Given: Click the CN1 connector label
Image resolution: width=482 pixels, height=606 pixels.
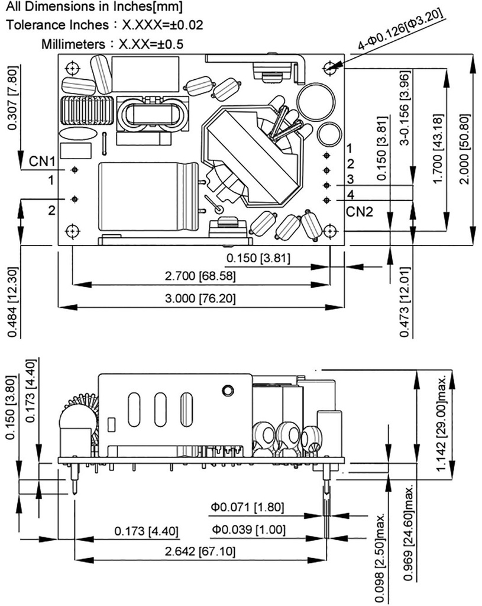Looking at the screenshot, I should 43,162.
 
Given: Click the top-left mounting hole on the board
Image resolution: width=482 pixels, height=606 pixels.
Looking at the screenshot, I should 72,68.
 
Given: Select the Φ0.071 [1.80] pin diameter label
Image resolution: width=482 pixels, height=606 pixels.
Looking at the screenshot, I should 248,507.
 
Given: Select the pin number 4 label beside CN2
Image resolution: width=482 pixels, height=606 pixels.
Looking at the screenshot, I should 351,194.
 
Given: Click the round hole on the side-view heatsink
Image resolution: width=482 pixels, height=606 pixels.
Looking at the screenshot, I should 227,391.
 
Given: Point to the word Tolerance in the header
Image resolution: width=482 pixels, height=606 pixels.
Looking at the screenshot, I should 34,25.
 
